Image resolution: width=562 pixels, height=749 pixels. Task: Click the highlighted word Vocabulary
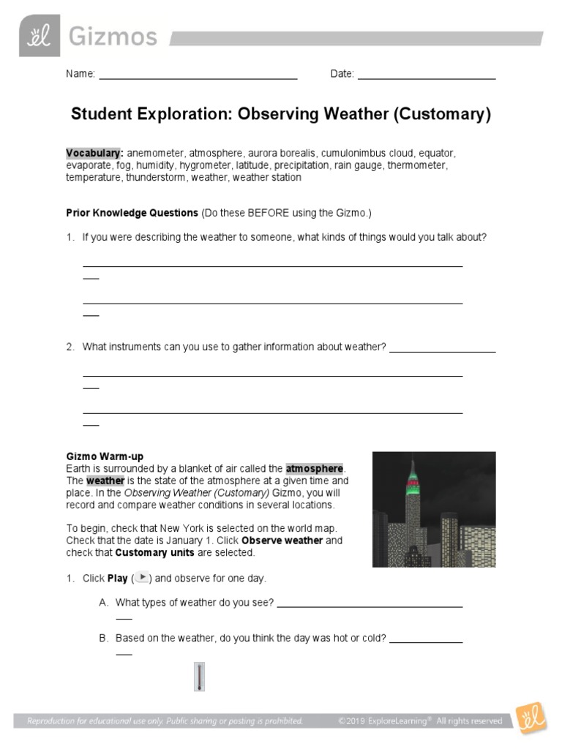pos(94,154)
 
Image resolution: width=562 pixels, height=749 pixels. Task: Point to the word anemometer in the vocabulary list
pos(156,154)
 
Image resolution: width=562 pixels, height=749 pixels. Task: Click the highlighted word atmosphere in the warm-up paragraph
pos(314,468)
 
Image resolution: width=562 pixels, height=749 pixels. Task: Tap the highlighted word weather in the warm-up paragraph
pos(105,481)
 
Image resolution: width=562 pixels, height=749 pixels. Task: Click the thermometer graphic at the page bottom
pos(199,677)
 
